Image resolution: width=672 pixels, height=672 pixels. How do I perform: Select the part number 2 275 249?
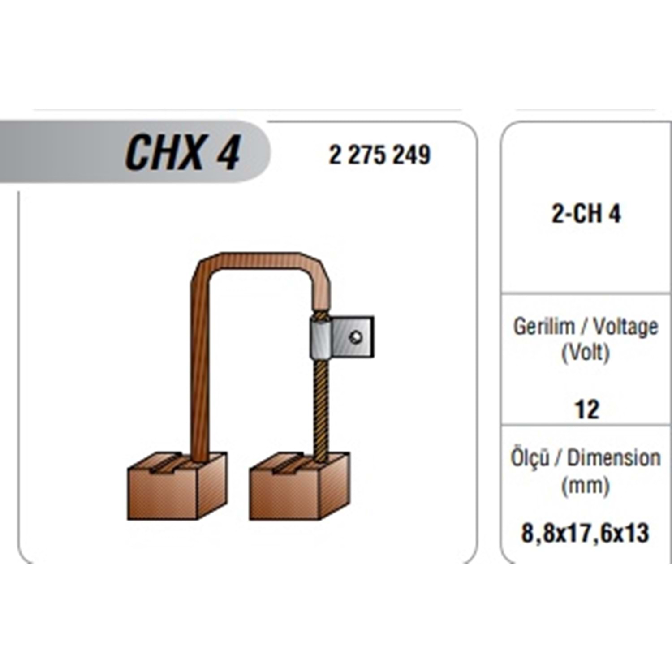click(379, 155)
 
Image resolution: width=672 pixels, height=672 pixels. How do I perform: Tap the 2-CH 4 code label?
click(586, 214)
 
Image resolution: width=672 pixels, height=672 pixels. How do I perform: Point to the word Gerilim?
click(544, 326)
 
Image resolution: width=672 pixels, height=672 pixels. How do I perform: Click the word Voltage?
click(626, 327)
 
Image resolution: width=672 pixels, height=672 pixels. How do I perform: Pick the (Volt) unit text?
click(586, 353)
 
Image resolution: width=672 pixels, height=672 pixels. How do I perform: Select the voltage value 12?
click(586, 409)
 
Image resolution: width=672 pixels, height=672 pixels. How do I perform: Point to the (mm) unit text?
click(586, 485)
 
